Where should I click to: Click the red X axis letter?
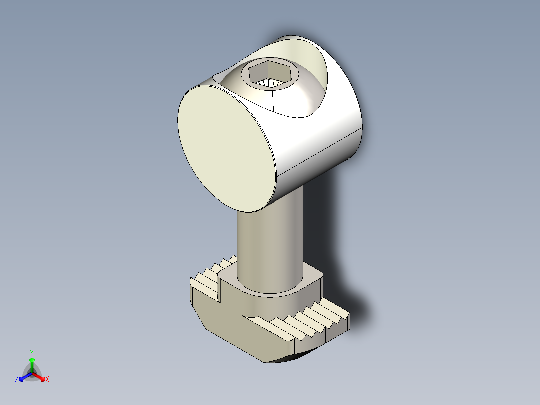click(x=47, y=380)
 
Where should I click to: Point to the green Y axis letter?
click(x=32, y=352)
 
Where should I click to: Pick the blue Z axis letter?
click(x=17, y=380)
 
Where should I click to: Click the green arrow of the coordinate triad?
click(x=32, y=362)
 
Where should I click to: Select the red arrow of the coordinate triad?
click(x=40, y=376)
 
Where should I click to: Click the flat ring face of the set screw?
click(x=288, y=80)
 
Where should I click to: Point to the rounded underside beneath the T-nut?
click(x=291, y=358)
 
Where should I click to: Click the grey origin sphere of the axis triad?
click(x=32, y=372)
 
